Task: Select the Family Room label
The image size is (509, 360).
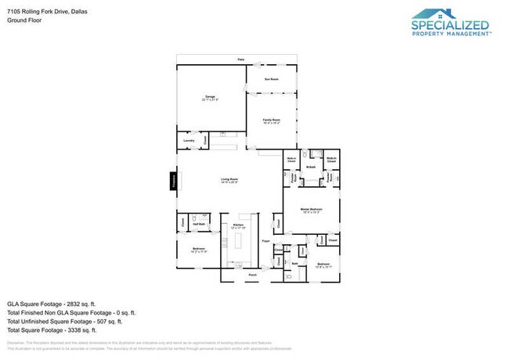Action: [271, 120]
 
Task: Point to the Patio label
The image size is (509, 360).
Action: [242, 59]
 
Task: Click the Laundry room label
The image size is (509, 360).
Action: [188, 141]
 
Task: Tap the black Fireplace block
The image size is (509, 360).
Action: [174, 181]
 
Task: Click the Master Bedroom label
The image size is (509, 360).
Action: [312, 210]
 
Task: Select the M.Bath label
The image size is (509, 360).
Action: [311, 167]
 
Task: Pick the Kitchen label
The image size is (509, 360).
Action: [239, 225]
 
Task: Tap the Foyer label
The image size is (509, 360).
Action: [266, 242]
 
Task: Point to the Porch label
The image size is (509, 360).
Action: [252, 275]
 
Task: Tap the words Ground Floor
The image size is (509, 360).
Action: [24, 21]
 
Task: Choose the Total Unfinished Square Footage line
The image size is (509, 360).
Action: [66, 321]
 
